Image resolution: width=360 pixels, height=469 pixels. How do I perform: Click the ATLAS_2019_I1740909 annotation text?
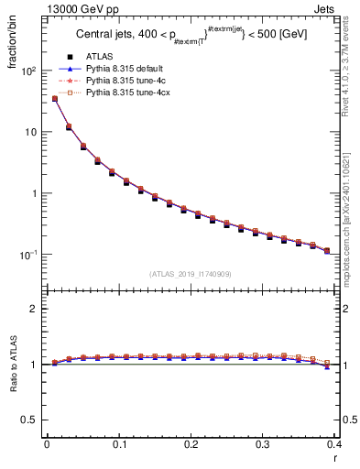(x=191, y=274)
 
